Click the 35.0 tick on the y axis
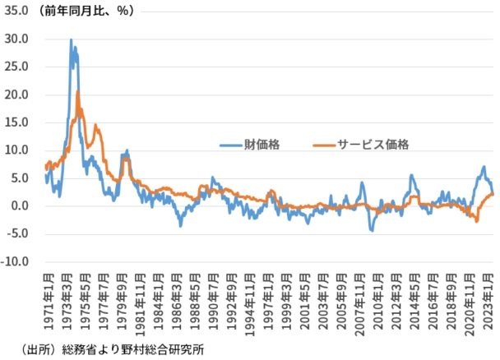pos(16,11)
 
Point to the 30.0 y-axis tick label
pos(16,39)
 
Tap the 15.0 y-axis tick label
pos(16,122)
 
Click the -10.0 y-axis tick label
pos(15,262)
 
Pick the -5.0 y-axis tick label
pos(18,234)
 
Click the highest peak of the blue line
pos(71,39)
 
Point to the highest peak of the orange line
pos(77,91)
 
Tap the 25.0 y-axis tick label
pos(16,67)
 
